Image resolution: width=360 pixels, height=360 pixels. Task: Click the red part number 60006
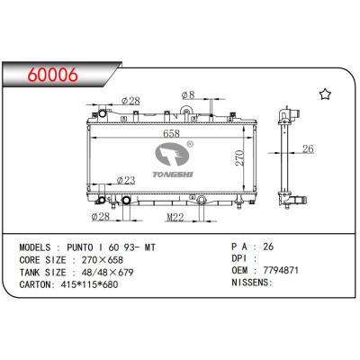click(x=53, y=75)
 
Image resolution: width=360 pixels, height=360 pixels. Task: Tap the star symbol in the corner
click(x=325, y=94)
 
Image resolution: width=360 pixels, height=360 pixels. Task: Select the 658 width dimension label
click(x=171, y=133)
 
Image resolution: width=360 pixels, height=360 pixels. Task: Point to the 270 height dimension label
click(x=239, y=157)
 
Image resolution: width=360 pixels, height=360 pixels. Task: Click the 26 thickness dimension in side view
click(x=308, y=148)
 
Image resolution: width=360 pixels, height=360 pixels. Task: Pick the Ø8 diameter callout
click(x=188, y=95)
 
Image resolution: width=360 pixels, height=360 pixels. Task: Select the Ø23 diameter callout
click(x=126, y=180)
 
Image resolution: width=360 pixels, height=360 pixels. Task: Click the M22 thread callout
click(x=175, y=217)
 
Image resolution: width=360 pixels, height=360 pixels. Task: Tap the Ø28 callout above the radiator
click(x=130, y=101)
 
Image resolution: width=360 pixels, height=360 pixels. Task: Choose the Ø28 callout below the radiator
click(x=101, y=216)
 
